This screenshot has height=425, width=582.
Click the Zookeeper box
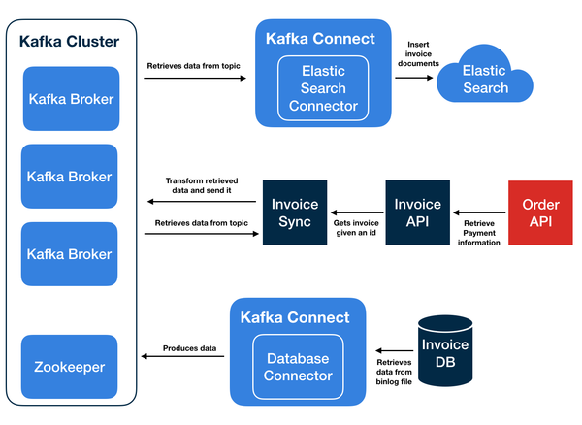pos(69,368)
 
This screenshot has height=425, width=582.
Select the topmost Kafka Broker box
pos(69,99)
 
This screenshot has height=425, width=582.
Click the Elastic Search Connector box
pos(324,88)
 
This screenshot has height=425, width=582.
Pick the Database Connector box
pos(299,367)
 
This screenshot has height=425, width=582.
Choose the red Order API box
pos(540,212)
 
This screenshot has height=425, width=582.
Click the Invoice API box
pos(418,212)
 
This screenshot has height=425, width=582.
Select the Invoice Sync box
pos(295,212)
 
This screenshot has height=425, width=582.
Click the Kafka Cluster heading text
pos(70,42)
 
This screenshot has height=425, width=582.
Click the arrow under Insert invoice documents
pos(411,78)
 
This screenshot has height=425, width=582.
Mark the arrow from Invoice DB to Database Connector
pos(392,350)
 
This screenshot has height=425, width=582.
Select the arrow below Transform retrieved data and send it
pos(202,202)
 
